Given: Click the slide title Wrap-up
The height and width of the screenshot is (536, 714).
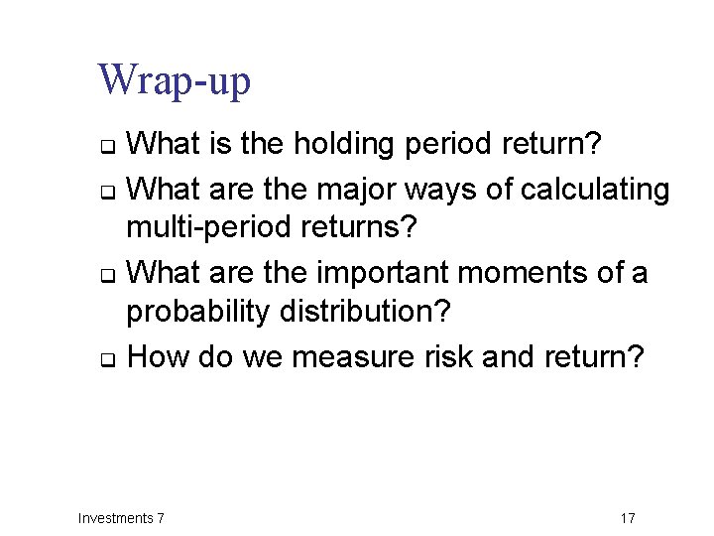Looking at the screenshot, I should point(174,81).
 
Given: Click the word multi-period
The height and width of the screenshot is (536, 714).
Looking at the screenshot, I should point(201,228).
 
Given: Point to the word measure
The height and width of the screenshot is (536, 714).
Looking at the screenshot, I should point(353,355).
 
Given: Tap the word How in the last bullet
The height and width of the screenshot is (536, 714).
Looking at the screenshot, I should point(159,355).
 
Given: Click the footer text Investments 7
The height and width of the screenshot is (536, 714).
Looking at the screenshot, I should point(121,518).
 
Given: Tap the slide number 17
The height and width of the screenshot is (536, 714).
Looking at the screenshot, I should point(627,518).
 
